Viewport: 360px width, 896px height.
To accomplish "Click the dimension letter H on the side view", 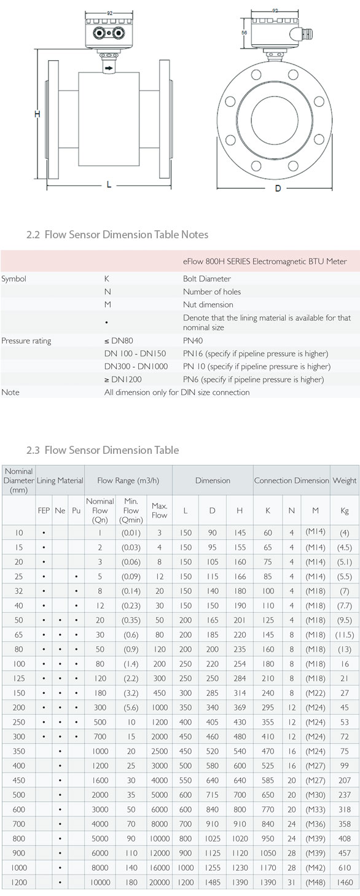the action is [x=37, y=115].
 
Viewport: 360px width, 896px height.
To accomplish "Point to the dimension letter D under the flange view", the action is [x=278, y=188].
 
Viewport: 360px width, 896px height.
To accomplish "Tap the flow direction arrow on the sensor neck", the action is [x=109, y=68].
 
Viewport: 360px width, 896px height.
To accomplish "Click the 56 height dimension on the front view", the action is [x=244, y=34].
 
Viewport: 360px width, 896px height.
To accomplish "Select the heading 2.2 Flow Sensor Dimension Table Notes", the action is [x=117, y=234].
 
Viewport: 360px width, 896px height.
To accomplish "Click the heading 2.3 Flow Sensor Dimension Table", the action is [x=103, y=450].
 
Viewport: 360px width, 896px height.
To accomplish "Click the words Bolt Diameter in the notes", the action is [x=207, y=279].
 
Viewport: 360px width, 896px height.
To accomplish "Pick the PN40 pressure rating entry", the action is [x=193, y=340].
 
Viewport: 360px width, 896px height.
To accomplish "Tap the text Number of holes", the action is [x=212, y=292].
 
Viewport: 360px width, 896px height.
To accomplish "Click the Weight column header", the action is [x=344, y=480].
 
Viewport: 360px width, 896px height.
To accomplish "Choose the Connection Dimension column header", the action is [x=291, y=480].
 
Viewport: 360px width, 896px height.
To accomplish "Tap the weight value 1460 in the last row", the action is [x=344, y=882].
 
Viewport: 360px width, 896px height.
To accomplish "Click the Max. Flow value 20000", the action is [x=160, y=882].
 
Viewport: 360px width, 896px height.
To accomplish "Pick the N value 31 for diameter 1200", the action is [x=291, y=882].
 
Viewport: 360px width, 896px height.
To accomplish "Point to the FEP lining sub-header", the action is [x=44, y=510].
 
